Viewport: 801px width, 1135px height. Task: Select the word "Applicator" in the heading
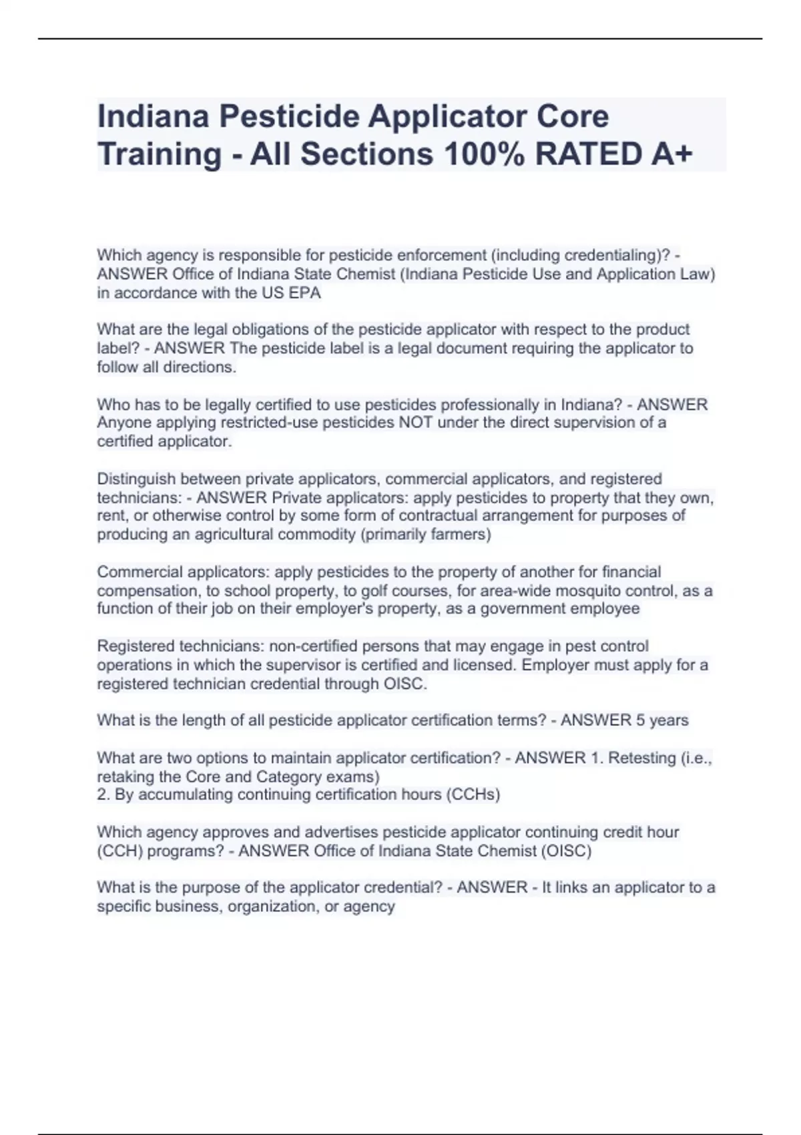tap(446, 116)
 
